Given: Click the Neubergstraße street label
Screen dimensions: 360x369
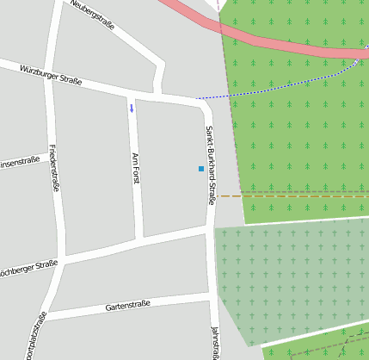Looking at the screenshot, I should click(x=93, y=10).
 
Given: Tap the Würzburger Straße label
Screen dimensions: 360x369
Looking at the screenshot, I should click(x=51, y=75).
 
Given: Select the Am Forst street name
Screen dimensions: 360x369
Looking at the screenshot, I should click(x=135, y=168).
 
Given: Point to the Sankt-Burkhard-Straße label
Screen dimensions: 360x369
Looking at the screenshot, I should click(x=209, y=164).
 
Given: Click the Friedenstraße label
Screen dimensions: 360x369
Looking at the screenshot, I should click(x=53, y=167).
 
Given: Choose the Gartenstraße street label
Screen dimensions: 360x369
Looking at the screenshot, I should click(x=127, y=305).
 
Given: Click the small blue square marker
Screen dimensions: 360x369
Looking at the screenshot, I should click(x=201, y=169).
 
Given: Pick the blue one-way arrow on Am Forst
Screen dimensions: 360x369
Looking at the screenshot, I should click(x=132, y=108).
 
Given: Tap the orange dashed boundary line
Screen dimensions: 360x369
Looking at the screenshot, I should click(x=292, y=196).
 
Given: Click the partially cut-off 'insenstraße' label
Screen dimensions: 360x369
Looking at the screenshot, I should click(x=19, y=161).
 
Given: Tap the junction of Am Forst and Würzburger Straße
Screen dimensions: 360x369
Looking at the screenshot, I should click(x=131, y=92).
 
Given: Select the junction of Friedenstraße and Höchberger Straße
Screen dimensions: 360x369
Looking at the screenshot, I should click(x=62, y=258).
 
